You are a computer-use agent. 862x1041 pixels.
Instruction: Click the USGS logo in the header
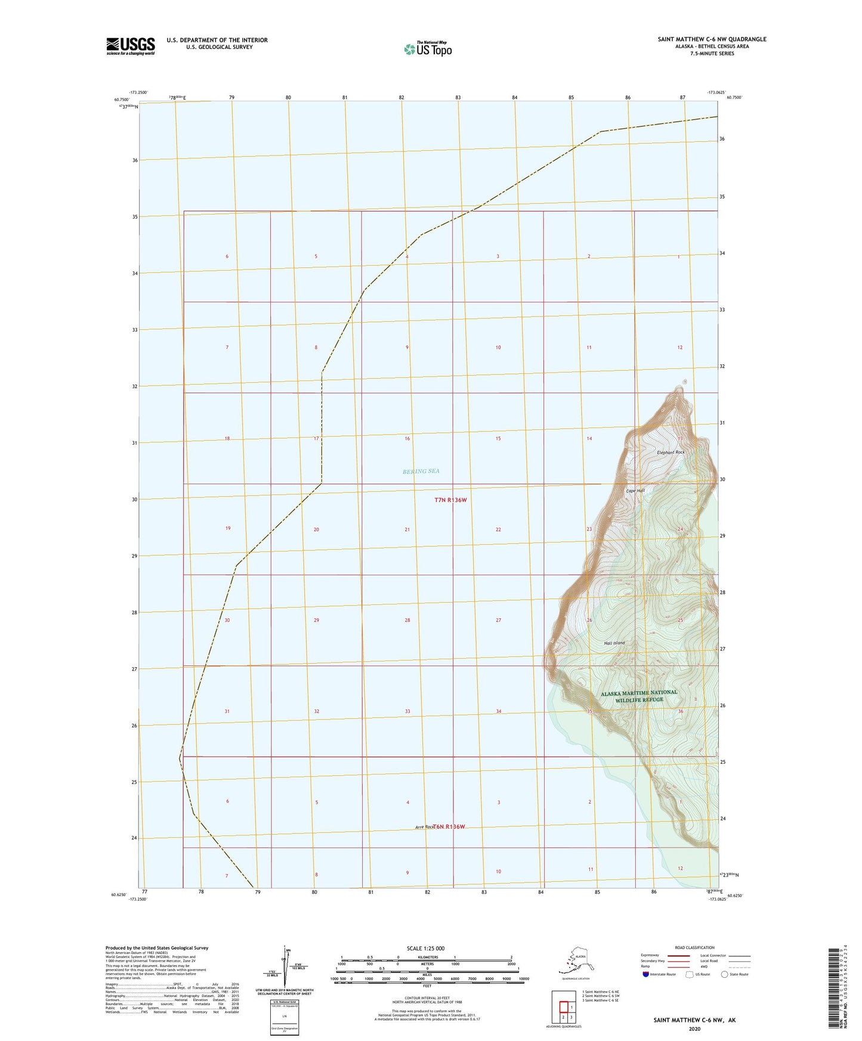click(x=130, y=45)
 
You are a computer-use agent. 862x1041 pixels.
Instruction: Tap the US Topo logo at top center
click(x=427, y=48)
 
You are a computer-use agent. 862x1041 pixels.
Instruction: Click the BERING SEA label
click(x=421, y=471)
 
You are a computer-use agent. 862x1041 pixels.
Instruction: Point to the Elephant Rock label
click(x=671, y=453)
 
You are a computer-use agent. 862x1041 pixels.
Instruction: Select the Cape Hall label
click(x=635, y=491)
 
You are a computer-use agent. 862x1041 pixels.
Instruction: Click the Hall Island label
click(x=614, y=643)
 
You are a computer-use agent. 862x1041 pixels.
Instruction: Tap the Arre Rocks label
click(x=424, y=827)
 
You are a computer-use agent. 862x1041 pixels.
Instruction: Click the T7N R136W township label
click(x=450, y=500)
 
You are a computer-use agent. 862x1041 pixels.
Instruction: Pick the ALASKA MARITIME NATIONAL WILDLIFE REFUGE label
click(x=639, y=696)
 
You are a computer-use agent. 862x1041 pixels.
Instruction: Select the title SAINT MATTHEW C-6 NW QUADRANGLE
click(x=712, y=39)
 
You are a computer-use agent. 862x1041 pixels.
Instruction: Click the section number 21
click(x=407, y=529)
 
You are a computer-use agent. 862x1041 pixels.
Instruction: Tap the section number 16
click(x=407, y=439)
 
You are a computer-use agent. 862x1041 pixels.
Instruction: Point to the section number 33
click(x=407, y=711)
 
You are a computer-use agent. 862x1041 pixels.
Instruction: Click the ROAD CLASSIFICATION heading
click(x=694, y=947)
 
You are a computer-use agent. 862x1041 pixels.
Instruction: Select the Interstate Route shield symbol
click(x=646, y=974)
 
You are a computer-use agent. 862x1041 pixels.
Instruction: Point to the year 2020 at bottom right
click(x=694, y=1028)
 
